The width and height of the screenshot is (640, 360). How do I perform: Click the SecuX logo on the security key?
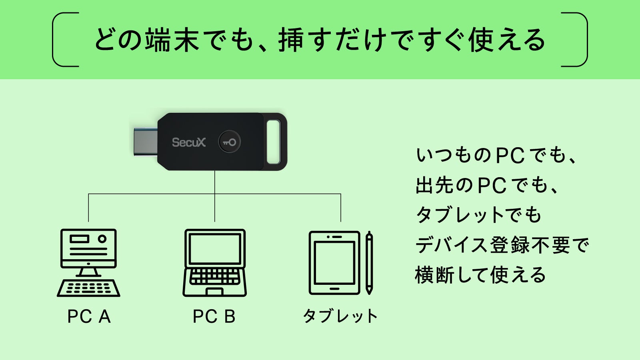pyautogui.click(x=188, y=142)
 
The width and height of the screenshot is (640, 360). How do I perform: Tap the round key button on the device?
pyautogui.click(x=230, y=142)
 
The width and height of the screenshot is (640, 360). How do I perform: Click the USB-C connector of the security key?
pyautogui.click(x=146, y=142)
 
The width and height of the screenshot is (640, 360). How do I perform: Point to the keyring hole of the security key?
pyautogui.click(x=274, y=142)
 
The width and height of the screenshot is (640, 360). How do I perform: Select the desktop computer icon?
pyautogui.click(x=88, y=263)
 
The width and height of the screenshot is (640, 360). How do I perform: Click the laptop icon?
pyautogui.click(x=214, y=263)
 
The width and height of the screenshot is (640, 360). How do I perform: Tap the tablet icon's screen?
pyautogui.click(x=334, y=263)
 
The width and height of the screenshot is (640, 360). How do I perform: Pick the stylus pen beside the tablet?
pyautogui.click(x=369, y=263)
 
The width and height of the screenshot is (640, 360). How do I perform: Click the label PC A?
pyautogui.click(x=89, y=316)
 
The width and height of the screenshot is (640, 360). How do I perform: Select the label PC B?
pyautogui.click(x=214, y=316)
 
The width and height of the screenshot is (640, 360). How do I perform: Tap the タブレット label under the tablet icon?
pyautogui.click(x=340, y=316)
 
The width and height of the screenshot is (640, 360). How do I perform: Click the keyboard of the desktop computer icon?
pyautogui.click(x=88, y=288)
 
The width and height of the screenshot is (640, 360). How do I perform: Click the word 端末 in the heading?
pyautogui.click(x=172, y=40)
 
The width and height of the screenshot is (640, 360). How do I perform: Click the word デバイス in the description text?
pyautogui.click(x=452, y=245)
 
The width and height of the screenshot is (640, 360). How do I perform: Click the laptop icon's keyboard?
pyautogui.click(x=214, y=276)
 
